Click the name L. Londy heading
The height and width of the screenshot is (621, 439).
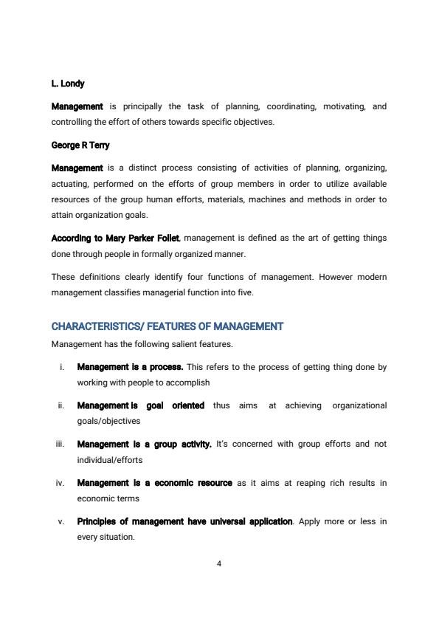68,84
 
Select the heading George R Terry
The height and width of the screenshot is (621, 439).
80,145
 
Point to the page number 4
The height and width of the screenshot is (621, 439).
219,563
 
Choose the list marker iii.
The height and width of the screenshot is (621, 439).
60,445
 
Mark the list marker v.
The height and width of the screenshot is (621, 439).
61,522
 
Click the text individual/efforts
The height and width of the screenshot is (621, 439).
110,459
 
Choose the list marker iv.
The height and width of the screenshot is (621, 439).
60,483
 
